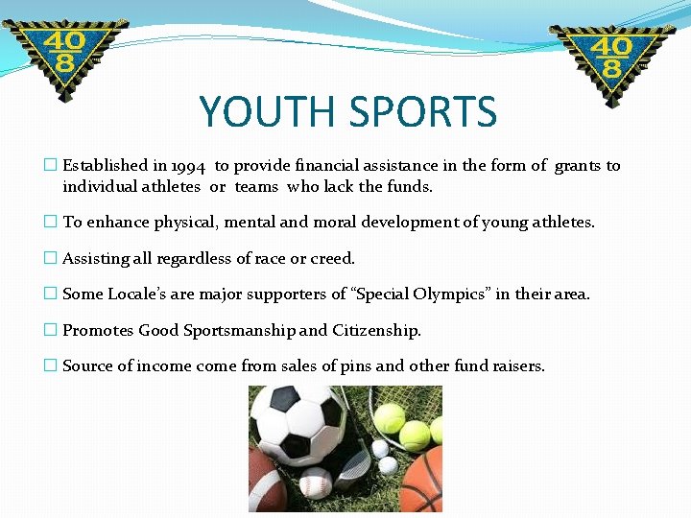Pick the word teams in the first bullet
256,186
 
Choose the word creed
332,258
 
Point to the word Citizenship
376,330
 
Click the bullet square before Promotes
51,330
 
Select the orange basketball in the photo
423,481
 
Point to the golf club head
355,464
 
